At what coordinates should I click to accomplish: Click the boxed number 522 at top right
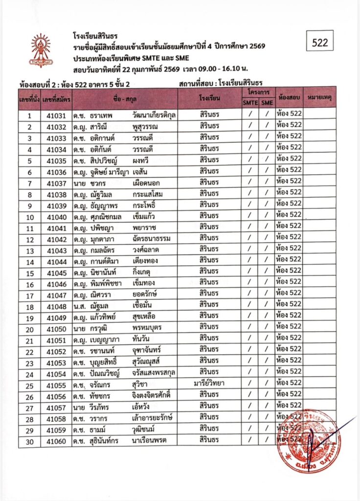tap(319, 43)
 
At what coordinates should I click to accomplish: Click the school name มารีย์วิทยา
tap(209, 383)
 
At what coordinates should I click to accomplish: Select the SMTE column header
tap(250, 103)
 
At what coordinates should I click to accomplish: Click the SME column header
tap(267, 103)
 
